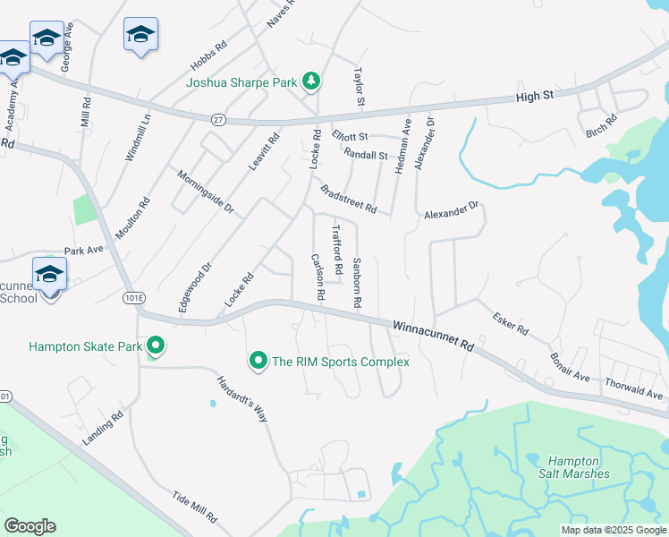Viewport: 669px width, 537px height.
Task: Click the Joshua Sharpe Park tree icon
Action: click(310, 82)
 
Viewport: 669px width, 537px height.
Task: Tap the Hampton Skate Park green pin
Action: click(156, 345)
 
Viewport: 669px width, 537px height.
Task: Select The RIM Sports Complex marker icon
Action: click(258, 361)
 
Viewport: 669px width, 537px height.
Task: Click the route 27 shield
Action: click(217, 118)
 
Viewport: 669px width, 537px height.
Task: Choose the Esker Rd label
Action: click(511, 324)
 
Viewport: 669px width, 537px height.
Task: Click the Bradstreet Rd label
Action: click(348, 199)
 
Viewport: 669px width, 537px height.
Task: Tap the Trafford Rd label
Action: click(337, 250)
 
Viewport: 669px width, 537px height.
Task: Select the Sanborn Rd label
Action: click(355, 283)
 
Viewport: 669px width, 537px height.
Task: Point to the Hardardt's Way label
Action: click(242, 398)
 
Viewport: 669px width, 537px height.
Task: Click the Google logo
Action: click(30, 526)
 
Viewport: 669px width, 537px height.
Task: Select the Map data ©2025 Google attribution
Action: click(613, 530)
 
